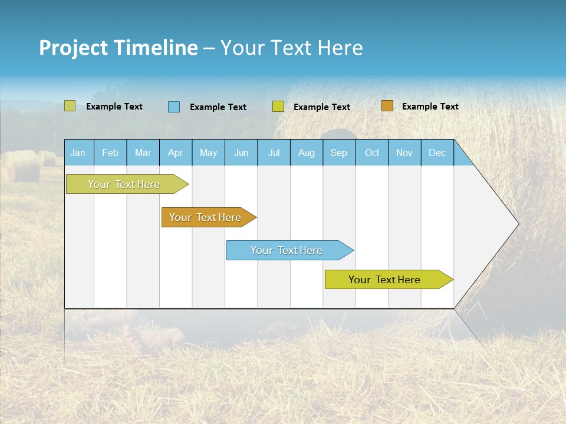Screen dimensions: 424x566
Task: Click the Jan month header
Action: [x=78, y=153]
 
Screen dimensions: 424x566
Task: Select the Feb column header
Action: [x=110, y=153]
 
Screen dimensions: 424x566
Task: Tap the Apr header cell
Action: [x=175, y=153]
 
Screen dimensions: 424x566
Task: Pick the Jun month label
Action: [x=241, y=153]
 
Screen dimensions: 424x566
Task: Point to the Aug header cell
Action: [x=306, y=153]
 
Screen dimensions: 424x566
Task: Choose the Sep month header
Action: [x=338, y=153]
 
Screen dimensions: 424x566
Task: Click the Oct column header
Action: [x=372, y=153]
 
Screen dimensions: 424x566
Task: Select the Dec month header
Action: [x=437, y=153]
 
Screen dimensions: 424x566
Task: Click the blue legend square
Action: [x=174, y=107]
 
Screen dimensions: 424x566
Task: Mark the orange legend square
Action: [x=387, y=106]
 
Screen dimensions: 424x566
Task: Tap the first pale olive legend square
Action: [x=70, y=106]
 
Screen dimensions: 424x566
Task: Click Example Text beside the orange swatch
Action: [x=430, y=107]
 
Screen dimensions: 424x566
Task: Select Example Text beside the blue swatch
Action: [x=218, y=107]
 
